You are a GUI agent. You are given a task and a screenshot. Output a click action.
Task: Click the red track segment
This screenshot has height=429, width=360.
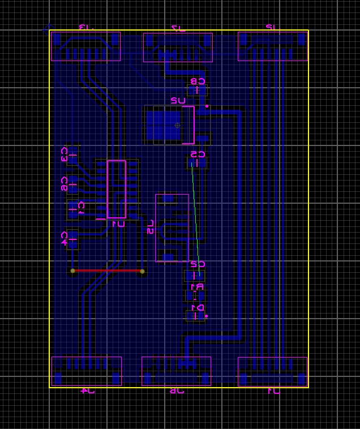click(108, 271)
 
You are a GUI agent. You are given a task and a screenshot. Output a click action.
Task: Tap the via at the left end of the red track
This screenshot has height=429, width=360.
click(72, 271)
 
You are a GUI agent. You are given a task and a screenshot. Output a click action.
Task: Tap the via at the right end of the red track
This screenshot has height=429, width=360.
click(142, 272)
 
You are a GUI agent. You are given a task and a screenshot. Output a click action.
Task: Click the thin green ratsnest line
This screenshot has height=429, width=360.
click(196, 221)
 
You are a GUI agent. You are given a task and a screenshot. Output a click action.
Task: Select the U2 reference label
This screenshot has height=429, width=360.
click(178, 101)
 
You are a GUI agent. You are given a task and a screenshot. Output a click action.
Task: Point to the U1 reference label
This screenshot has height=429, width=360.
click(118, 224)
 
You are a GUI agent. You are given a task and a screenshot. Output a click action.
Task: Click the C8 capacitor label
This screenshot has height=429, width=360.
click(198, 81)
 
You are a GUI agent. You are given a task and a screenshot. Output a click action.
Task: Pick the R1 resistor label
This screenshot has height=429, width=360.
click(196, 287)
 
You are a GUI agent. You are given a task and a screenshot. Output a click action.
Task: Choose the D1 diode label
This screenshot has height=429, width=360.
click(196, 307)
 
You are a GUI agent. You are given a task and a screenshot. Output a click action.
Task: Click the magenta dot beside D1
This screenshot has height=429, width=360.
click(206, 316)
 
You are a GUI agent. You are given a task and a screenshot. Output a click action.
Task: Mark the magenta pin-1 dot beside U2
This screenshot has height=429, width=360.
click(207, 106)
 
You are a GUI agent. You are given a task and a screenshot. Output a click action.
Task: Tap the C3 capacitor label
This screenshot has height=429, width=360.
click(65, 155)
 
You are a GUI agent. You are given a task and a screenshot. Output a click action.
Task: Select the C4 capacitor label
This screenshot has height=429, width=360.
click(65, 238)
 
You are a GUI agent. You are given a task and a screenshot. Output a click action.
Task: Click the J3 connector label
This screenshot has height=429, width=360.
click(84, 27)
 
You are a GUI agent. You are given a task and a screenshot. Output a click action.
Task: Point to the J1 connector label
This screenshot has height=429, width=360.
click(273, 391)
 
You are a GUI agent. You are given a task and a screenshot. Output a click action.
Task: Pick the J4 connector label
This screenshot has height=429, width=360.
click(87, 391)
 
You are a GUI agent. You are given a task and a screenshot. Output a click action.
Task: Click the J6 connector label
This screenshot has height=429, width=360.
click(177, 391)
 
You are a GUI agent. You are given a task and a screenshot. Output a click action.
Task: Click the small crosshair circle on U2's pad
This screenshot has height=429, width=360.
click(177, 125)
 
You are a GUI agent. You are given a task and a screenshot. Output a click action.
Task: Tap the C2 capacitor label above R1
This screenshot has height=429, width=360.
click(197, 264)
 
